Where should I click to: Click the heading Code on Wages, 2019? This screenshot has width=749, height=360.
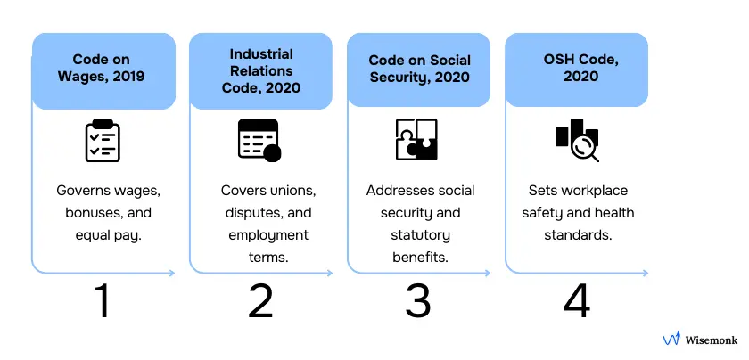103,68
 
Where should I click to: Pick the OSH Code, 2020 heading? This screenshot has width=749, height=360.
576,68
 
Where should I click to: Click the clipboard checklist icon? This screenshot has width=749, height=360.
103,141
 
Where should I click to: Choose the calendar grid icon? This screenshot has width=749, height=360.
259,141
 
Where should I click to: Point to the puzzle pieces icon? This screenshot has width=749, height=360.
416,140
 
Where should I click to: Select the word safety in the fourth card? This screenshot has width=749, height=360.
547,214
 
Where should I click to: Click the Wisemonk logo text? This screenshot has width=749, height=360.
711,340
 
